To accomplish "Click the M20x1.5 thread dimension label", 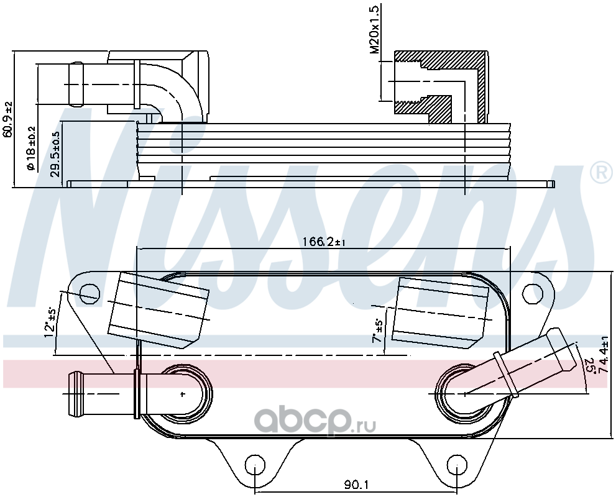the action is click(375, 30).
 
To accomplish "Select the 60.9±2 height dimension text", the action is click(7, 119).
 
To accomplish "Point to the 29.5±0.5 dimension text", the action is click(56, 154).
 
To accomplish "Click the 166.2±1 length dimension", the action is click(324, 242).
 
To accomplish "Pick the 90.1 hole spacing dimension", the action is click(357, 485).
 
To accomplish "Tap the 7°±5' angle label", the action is click(378, 330).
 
